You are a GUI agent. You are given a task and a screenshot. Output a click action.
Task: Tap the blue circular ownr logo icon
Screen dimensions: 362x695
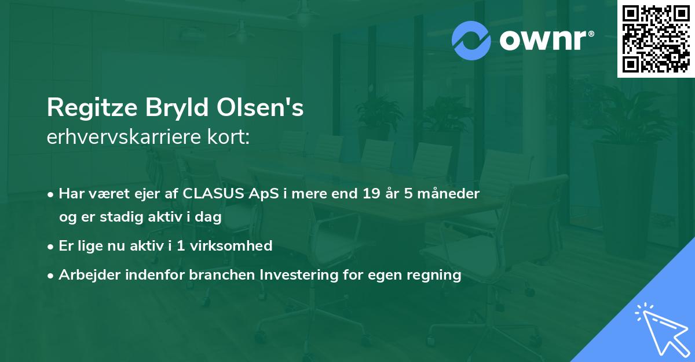pyautogui.click(x=471, y=40)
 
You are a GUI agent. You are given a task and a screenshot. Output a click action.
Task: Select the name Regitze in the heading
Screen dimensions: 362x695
pyautogui.click(x=89, y=108)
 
